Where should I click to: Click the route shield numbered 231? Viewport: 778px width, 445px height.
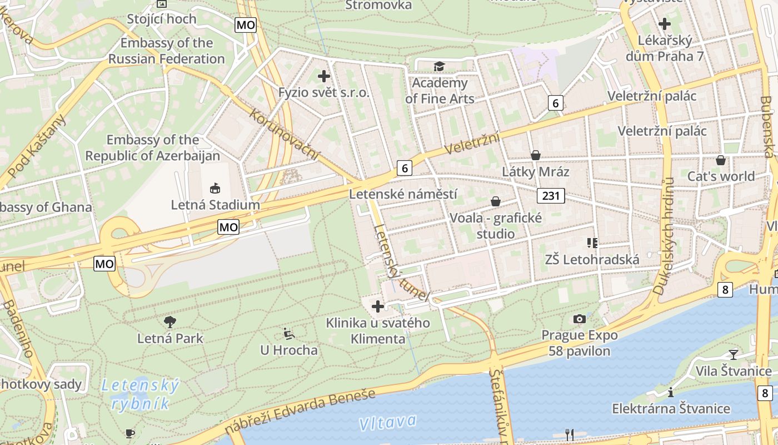pos(551,195)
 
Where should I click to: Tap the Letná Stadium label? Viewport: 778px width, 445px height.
pos(215,205)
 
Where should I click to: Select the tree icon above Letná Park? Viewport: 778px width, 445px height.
pos(170,322)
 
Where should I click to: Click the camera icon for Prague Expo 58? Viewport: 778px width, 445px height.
pos(579,319)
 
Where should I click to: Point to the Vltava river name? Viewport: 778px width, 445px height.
pos(387,422)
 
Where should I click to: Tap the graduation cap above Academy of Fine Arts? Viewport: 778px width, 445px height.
pos(439,66)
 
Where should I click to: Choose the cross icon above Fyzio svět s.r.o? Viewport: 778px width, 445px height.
pos(324,76)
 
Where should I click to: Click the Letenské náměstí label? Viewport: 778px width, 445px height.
pos(403,194)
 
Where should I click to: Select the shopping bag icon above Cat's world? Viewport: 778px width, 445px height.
pos(721,160)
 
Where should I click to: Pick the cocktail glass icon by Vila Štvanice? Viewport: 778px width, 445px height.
pos(734,354)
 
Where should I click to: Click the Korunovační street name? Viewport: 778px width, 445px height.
pos(285,133)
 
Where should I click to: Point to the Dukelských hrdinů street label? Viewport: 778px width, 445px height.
pos(664,236)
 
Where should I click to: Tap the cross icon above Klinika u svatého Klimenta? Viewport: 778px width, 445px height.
pos(378,306)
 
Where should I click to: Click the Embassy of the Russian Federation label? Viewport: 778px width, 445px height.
pos(167,51)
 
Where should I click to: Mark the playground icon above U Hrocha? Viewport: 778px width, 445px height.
pos(288,333)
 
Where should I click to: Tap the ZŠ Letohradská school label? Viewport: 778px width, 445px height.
pos(592,259)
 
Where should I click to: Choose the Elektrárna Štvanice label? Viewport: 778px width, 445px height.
pos(671,409)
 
